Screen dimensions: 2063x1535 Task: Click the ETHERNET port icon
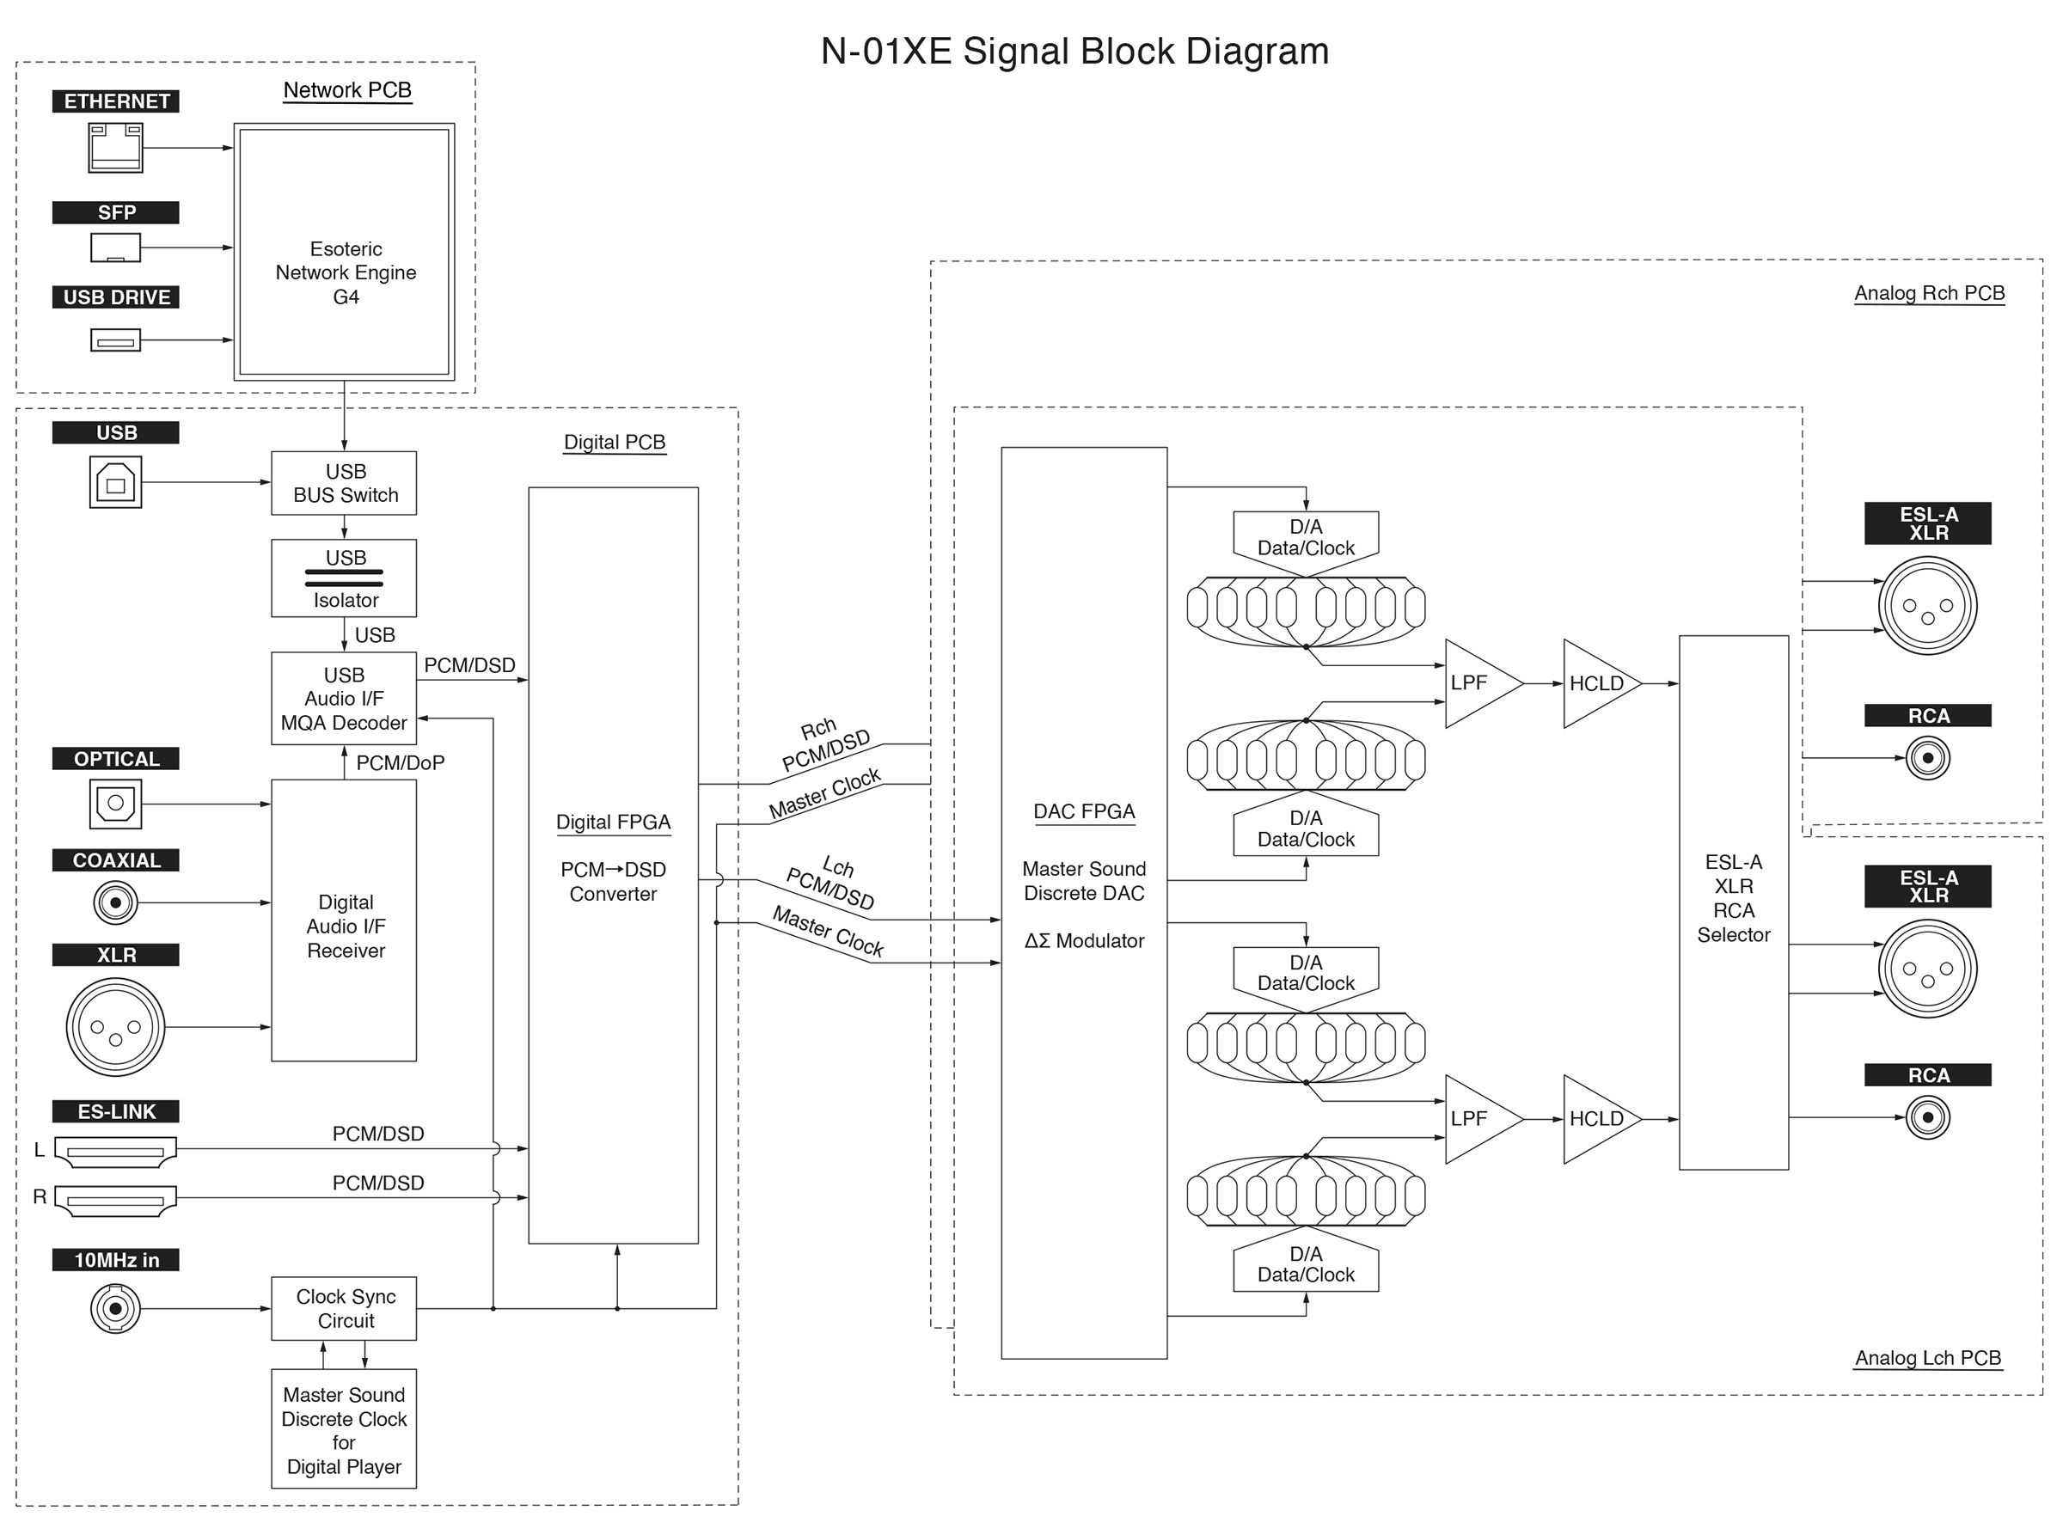tap(115, 148)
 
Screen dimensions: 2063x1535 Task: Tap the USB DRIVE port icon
tap(115, 340)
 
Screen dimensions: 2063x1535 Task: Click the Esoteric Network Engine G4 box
tap(344, 252)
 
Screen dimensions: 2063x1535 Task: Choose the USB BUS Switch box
tap(344, 483)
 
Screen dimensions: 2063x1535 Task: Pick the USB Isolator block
tap(344, 578)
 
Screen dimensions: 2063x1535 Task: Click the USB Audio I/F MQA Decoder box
tap(344, 698)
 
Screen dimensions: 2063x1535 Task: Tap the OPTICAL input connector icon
tap(115, 804)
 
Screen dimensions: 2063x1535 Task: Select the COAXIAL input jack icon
tap(115, 902)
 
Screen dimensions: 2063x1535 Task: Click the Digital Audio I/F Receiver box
tap(344, 920)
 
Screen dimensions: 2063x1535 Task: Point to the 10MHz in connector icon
tap(115, 1309)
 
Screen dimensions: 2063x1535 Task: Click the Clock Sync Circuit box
tap(344, 1308)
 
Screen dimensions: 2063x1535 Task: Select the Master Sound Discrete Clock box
tap(344, 1429)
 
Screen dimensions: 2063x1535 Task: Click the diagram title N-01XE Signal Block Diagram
tap(1075, 51)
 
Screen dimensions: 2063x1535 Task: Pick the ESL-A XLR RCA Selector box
tap(1733, 902)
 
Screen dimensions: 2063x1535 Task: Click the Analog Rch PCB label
tap(1929, 294)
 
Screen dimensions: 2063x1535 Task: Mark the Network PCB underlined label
tap(346, 91)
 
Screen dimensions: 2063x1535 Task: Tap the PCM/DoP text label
tap(401, 763)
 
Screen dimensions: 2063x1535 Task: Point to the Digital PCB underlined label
tap(615, 443)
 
